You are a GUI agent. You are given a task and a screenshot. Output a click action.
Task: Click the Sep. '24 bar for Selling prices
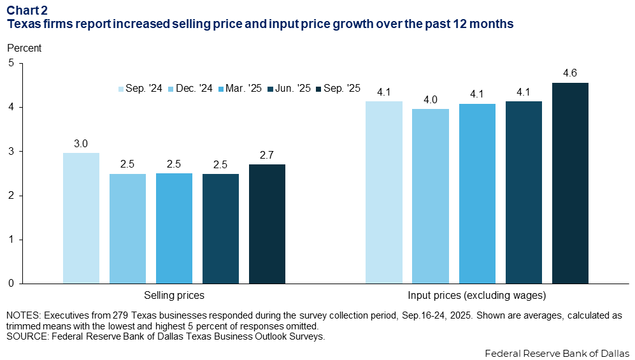point(81,218)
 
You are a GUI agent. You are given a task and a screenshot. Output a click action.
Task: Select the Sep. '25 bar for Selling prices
point(267,224)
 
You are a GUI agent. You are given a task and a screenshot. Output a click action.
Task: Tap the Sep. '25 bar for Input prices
point(570,183)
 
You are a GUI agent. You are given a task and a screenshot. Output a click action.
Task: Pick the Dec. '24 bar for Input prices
point(431,196)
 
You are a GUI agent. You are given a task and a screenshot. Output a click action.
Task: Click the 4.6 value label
point(570,74)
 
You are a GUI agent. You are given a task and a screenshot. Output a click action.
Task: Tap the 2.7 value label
point(267,155)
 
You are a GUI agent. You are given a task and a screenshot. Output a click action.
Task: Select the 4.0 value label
point(431,100)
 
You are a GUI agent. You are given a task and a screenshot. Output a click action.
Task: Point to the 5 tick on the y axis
point(11,63)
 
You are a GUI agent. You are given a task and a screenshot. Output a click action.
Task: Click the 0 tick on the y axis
point(11,284)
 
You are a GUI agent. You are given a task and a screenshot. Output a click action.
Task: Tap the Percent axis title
point(24,48)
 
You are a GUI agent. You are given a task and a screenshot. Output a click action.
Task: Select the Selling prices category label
point(174,296)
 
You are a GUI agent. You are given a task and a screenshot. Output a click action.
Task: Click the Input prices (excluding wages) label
point(477,296)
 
